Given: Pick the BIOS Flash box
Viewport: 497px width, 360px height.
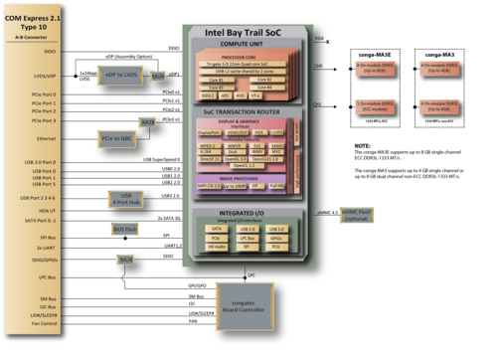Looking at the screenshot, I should [x=125, y=229].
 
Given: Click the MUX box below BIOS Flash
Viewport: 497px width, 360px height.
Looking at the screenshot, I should [x=126, y=259].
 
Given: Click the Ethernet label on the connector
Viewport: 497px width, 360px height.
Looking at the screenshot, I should [x=47, y=138].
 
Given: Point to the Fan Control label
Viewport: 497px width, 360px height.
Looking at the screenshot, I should [x=45, y=323].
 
